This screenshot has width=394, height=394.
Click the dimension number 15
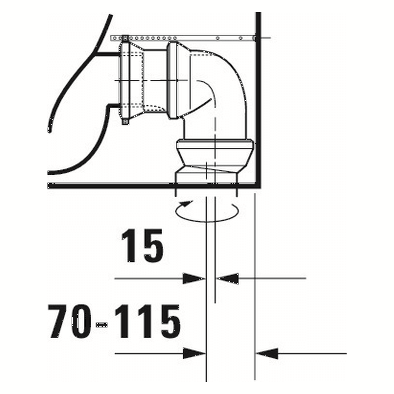point(143,246)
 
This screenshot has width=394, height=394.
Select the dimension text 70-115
point(114,322)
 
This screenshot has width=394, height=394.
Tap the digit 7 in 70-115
point(57,322)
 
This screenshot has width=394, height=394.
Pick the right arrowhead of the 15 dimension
point(227,279)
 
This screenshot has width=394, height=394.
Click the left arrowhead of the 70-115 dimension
point(194,353)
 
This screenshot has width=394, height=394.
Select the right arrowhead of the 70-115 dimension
point(267,353)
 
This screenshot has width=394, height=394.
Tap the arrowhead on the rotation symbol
point(186,204)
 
